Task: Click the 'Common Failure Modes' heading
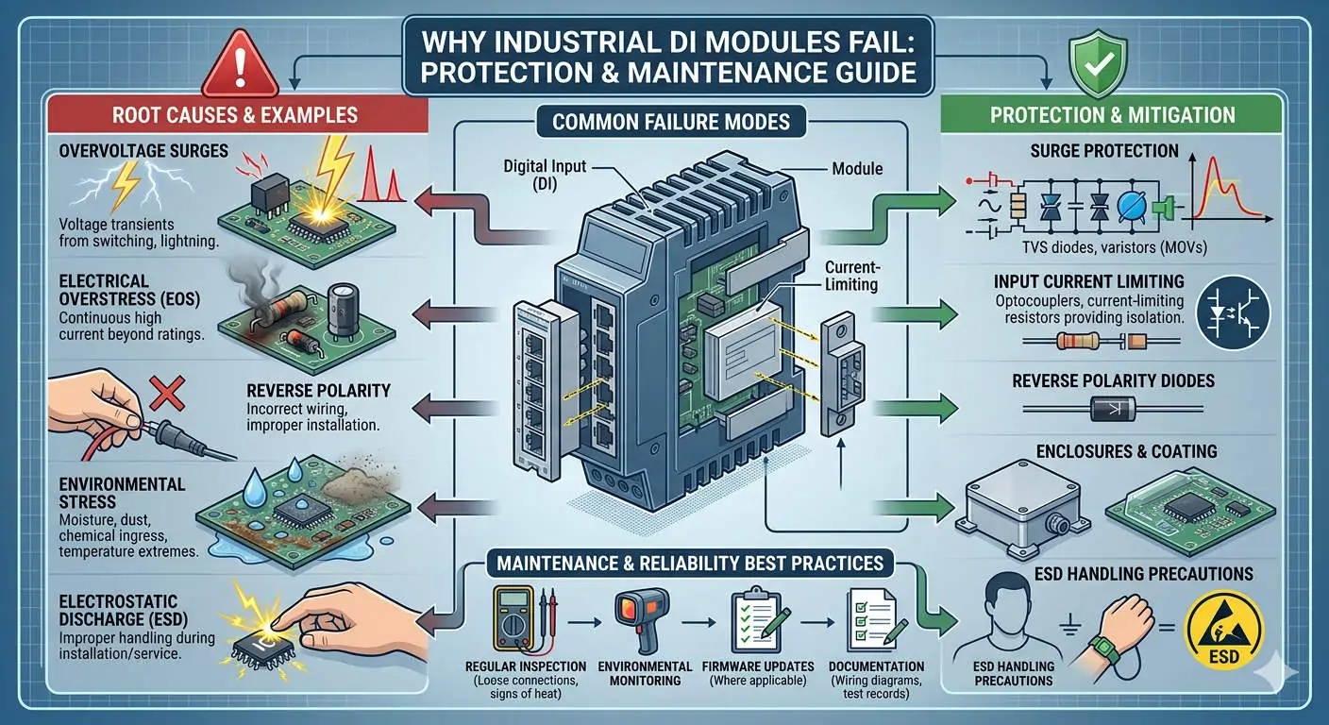(x=670, y=121)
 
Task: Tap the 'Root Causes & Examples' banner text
(x=235, y=115)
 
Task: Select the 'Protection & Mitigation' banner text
(x=1112, y=115)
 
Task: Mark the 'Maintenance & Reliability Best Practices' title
(x=685, y=565)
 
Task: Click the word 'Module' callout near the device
(x=857, y=168)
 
